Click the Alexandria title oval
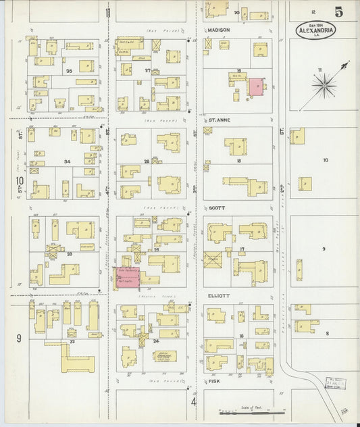pyautogui.click(x=315, y=29)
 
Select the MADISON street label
pyautogui.click(x=219, y=30)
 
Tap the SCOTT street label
pyautogui.click(x=216, y=209)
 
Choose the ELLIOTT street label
pyautogui.click(x=219, y=295)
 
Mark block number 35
pyautogui.click(x=68, y=70)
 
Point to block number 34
pyautogui.click(x=67, y=162)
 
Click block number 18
pyautogui.click(x=239, y=162)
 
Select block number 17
pyautogui.click(x=241, y=249)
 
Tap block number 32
pyautogui.click(x=71, y=343)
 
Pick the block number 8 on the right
pyautogui.click(x=328, y=334)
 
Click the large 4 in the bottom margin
pyautogui.click(x=193, y=403)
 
